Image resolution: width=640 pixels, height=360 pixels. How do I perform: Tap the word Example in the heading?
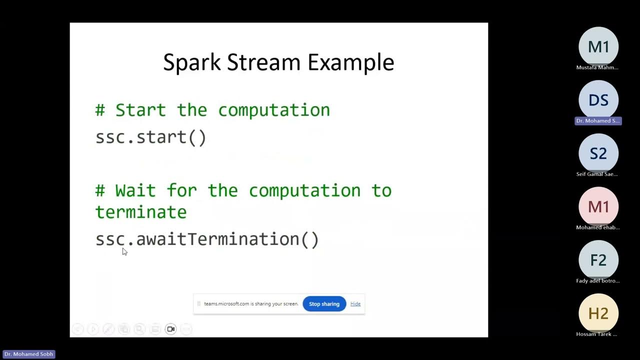point(350,63)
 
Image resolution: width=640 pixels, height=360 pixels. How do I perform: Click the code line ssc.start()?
point(150,137)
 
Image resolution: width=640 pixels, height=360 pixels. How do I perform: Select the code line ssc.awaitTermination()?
point(207,239)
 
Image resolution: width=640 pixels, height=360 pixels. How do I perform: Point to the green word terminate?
point(140,212)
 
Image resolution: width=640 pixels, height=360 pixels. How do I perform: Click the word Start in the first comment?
point(140,110)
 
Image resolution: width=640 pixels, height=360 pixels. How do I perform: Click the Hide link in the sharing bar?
point(355,304)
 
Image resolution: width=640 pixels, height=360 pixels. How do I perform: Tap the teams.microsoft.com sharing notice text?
point(251,304)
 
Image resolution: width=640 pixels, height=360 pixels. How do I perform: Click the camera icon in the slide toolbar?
point(170,329)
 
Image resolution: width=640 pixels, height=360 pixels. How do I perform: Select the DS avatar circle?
point(598,100)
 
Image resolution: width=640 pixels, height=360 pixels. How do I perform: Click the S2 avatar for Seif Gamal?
point(598,153)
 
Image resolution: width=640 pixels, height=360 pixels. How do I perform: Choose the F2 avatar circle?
point(598,260)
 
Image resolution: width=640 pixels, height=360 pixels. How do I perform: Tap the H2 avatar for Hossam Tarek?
point(598,313)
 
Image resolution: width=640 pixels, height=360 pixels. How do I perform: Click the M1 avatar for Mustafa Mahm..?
point(598,47)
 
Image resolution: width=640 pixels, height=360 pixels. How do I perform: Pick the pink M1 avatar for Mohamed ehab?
point(598,206)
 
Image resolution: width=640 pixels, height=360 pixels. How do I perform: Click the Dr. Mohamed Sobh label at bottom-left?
point(28,354)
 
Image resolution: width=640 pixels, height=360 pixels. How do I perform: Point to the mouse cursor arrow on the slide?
point(124,251)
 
